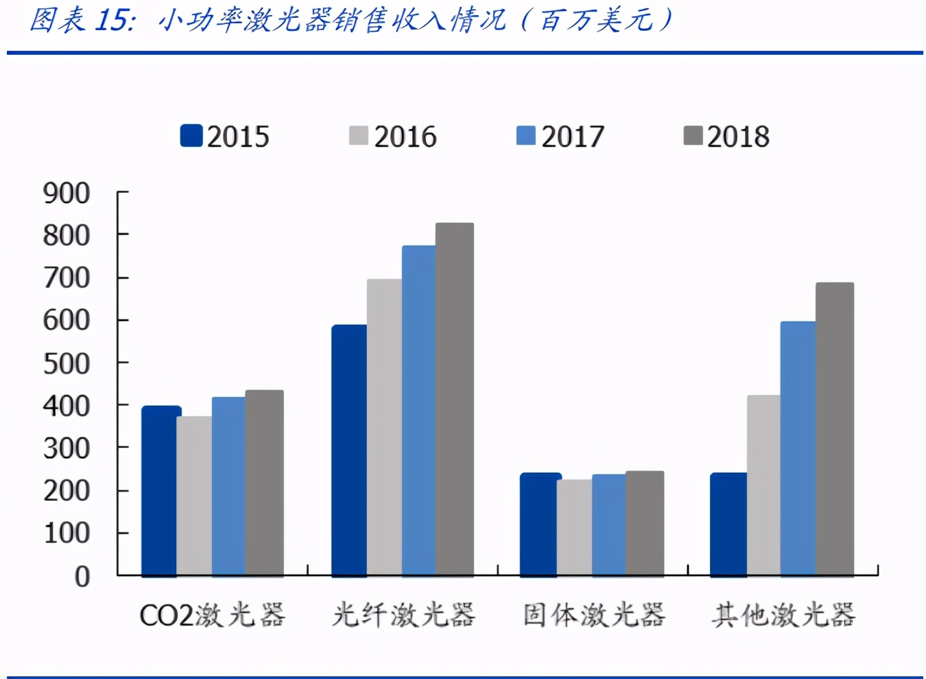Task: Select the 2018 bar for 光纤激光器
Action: point(455,399)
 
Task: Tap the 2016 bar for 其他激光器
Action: point(763,486)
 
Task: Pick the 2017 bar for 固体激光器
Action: point(608,525)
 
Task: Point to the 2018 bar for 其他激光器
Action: point(835,429)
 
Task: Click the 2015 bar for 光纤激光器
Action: point(349,450)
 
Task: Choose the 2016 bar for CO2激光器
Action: point(194,496)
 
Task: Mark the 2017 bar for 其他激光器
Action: point(798,449)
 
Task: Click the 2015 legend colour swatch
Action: point(191,136)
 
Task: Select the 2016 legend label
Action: point(405,136)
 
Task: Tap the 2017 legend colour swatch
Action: point(525,136)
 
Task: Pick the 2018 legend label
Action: point(739,136)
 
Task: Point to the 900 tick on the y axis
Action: point(67,193)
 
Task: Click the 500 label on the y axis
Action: point(67,364)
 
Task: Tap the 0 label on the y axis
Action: point(82,576)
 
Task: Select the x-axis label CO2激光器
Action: point(212,615)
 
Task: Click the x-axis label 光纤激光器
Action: point(403,615)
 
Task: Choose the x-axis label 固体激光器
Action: point(594,615)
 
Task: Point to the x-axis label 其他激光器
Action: point(783,615)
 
